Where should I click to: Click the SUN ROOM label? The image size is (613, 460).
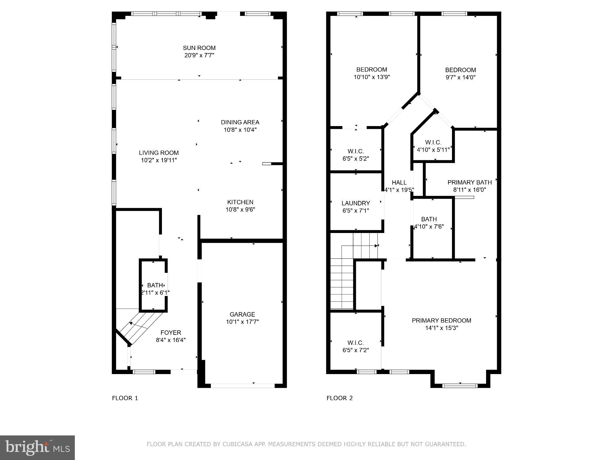[x=199, y=48]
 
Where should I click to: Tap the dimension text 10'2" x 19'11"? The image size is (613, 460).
[x=159, y=160]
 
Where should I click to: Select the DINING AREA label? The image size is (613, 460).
[x=240, y=122]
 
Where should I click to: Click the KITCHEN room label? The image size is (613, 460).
[x=240, y=202]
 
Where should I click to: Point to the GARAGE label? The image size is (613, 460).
[x=242, y=314]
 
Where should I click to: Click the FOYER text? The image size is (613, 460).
[x=171, y=332]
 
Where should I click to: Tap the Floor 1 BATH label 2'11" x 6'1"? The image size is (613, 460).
[x=155, y=289]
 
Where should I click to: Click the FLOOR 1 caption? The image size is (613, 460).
[x=125, y=398]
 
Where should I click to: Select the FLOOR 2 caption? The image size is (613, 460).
[x=339, y=398]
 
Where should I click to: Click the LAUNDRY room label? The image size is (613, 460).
[x=356, y=203]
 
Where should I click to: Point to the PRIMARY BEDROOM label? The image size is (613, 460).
[x=441, y=320]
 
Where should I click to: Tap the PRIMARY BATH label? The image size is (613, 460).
[x=469, y=182]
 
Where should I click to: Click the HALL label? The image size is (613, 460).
[x=399, y=182]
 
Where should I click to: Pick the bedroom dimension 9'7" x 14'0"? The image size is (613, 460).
[x=460, y=77]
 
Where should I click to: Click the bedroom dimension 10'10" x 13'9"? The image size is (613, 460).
[x=371, y=77]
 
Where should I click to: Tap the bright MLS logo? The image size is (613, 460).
[x=37, y=447]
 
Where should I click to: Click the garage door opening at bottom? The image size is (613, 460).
[x=242, y=386]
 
